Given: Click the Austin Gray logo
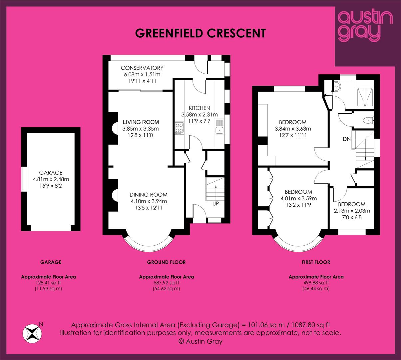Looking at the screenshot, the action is [365, 27].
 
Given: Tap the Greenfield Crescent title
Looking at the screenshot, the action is [200, 33].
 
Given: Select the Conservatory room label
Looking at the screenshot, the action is [142, 68].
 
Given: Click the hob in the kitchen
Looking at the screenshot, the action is [179, 129].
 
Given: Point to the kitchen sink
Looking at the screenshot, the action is [219, 127].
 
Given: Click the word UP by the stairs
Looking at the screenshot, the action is [215, 203].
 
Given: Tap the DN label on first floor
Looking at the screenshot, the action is [347, 139].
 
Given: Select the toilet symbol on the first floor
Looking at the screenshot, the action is [368, 120].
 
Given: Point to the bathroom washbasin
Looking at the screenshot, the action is [337, 87].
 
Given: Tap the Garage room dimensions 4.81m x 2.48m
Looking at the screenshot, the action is [51, 179].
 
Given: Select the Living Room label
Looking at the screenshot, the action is [141, 122].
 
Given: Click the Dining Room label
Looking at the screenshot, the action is [149, 195].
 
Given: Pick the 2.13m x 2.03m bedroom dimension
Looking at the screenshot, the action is [352, 211].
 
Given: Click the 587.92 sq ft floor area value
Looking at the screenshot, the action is [167, 283].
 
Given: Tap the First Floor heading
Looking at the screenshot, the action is [316, 262].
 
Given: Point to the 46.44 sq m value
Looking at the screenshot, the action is [316, 289].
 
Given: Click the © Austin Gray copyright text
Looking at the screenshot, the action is [200, 341].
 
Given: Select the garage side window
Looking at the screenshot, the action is [24, 179].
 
